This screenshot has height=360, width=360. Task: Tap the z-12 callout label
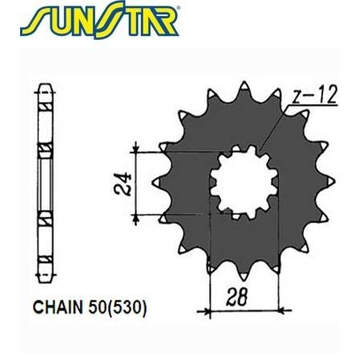tap(314, 97)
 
